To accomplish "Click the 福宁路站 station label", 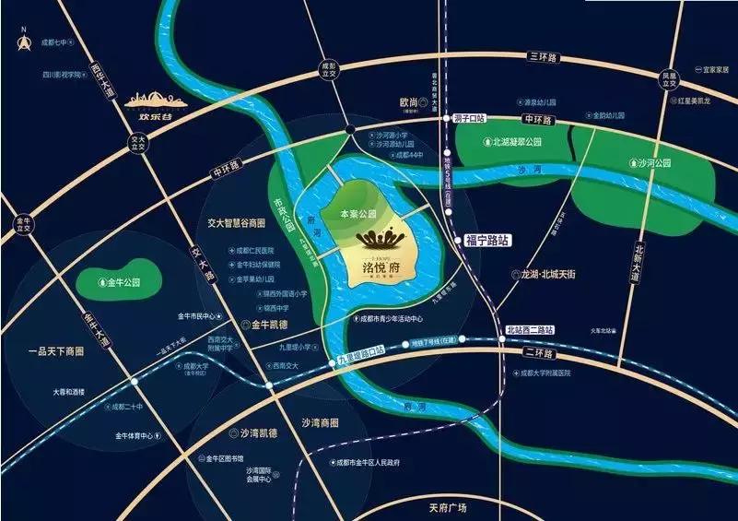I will coord(487,239).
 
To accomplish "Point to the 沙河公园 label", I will coord(653,163).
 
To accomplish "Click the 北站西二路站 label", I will coord(525,330).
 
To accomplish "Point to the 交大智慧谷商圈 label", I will coord(236,223).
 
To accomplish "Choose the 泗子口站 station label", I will coord(470,118).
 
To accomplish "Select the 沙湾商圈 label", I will coord(320,422).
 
